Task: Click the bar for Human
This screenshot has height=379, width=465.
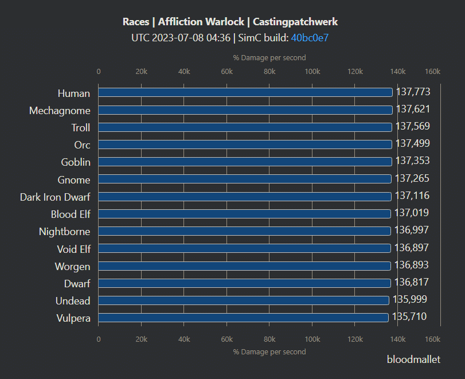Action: point(245,92)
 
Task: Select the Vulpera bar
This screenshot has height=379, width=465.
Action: point(243,318)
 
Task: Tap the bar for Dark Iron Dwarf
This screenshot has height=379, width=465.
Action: point(245,197)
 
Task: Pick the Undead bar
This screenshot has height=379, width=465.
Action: point(244,300)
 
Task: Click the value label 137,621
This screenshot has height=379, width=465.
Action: point(413,109)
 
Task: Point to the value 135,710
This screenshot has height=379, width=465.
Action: point(409,317)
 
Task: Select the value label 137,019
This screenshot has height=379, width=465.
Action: point(412,213)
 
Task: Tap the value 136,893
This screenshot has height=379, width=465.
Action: point(412,265)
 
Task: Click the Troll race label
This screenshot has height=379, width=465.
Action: point(81,127)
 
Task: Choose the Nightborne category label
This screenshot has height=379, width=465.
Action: point(64,232)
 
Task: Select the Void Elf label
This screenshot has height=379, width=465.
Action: point(73,249)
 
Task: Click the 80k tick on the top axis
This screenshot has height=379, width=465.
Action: point(269,72)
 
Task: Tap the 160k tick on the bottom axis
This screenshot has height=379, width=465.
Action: point(432,339)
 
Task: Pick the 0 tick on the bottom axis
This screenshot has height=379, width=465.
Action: point(99,339)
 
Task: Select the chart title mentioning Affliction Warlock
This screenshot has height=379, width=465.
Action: point(230,22)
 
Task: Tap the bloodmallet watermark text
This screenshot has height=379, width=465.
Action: point(413,360)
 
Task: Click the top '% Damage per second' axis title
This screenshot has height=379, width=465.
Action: point(269,57)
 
